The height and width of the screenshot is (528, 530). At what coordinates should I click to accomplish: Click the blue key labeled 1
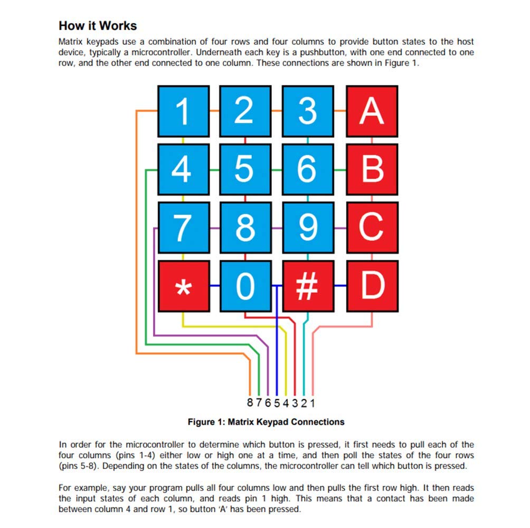pyautogui.click(x=184, y=111)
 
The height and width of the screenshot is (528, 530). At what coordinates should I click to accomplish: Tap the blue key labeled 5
pyautogui.click(x=245, y=169)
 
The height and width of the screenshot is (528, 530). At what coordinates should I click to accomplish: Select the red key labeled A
pyautogui.click(x=372, y=111)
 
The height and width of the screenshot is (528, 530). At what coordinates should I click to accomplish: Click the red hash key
pyautogui.click(x=308, y=286)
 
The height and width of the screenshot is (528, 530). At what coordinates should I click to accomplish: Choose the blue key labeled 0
pyautogui.click(x=246, y=286)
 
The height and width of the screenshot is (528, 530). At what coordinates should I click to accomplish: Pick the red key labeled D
pyautogui.click(x=373, y=286)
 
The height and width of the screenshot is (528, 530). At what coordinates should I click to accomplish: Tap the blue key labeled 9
pyautogui.click(x=308, y=228)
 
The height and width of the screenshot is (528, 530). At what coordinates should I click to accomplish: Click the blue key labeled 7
pyautogui.click(x=184, y=228)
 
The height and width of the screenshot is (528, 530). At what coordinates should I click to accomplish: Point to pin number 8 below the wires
pyautogui.click(x=250, y=402)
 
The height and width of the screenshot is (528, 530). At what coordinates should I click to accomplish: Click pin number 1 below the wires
pyautogui.click(x=313, y=403)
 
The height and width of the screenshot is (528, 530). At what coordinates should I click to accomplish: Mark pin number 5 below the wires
pyautogui.click(x=277, y=403)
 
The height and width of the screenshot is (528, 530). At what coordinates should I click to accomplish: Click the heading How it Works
pyautogui.click(x=98, y=26)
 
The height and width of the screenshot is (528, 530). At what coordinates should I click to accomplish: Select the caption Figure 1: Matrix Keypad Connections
pyautogui.click(x=266, y=422)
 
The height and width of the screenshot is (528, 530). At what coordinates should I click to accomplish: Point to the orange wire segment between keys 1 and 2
pyautogui.click(x=215, y=110)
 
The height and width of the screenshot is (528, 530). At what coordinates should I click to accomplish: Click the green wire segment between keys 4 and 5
pyautogui.click(x=215, y=170)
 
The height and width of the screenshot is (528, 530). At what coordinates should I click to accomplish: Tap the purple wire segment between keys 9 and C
pyautogui.click(x=340, y=228)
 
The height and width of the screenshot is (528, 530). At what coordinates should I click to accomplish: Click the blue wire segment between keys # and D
pyautogui.click(x=340, y=286)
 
